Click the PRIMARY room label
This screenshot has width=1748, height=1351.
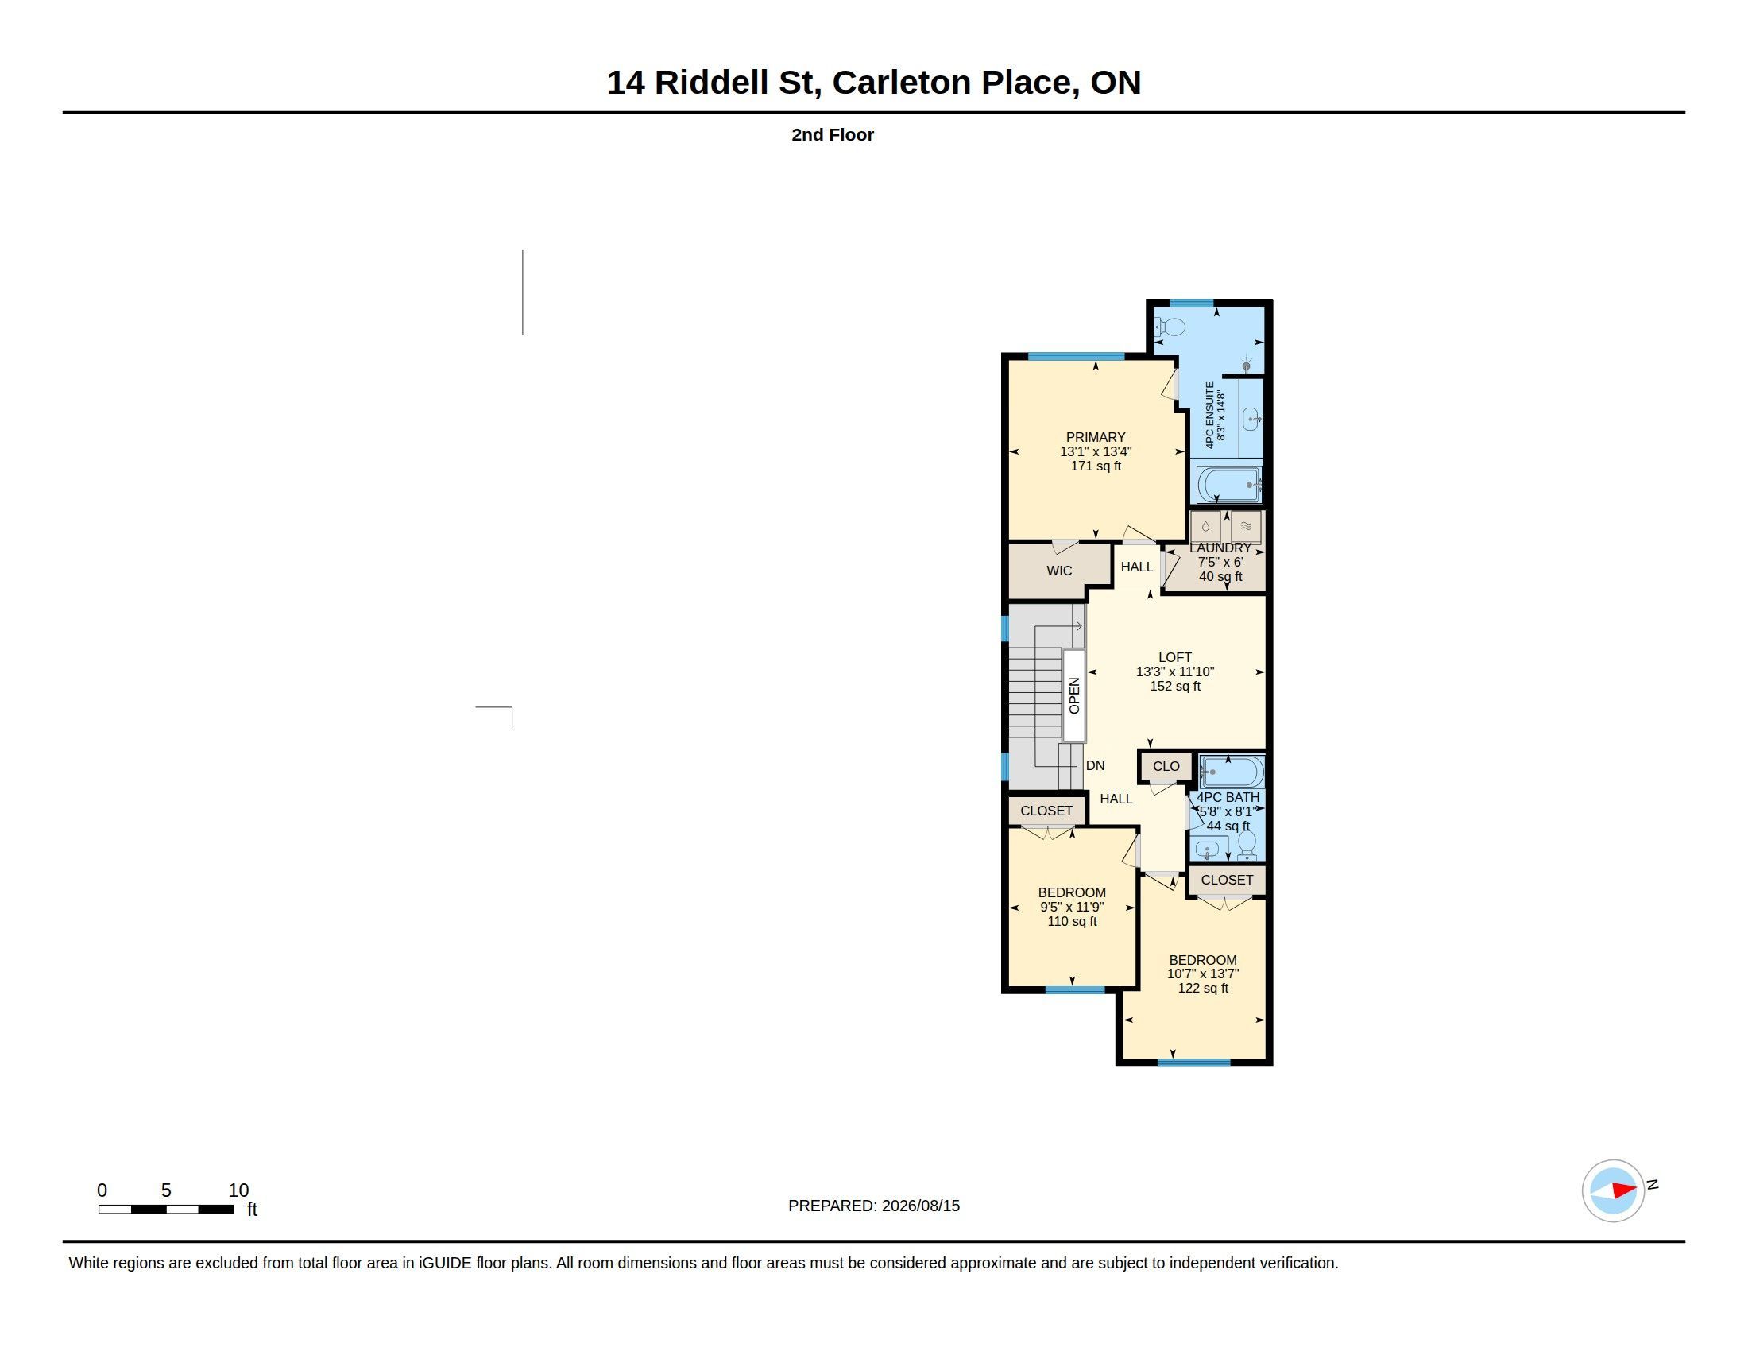1096,437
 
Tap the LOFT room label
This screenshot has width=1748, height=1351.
1175,657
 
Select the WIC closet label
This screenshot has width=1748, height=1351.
1059,571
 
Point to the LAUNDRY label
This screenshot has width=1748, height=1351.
1220,548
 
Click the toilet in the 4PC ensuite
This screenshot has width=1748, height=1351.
1170,327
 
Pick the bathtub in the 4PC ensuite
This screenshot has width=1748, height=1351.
1229,485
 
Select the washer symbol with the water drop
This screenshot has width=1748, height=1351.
1205,527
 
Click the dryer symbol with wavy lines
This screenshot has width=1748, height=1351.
1246,527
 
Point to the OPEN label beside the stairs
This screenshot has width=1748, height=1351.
1074,695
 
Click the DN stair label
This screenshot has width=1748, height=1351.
1095,766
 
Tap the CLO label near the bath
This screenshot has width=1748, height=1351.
1166,767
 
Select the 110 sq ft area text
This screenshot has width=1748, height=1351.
1073,921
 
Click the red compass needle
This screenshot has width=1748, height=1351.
1624,1190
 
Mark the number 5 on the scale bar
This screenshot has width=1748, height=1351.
167,1190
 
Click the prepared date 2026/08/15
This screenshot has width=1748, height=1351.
920,1206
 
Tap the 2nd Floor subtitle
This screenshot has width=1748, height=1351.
833,134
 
